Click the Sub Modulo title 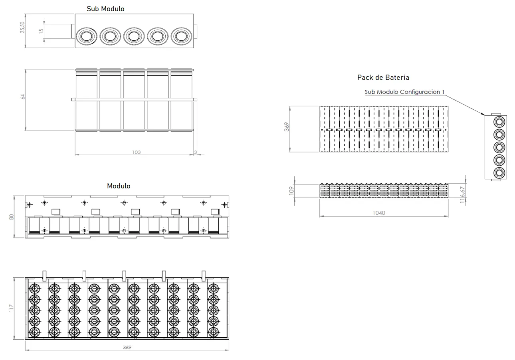click(105, 9)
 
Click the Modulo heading click(119, 186)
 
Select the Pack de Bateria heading click(383, 77)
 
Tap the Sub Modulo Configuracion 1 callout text click(404, 92)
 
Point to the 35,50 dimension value click(22, 28)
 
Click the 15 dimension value click(41, 31)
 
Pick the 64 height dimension click(22, 97)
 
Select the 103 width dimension click(137, 152)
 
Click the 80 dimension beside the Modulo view click(11, 217)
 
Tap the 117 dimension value click(11, 308)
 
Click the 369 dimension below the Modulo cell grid click(127, 347)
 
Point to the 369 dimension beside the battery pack click(287, 127)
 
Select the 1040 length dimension click(379, 213)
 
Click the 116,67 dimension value click(462, 195)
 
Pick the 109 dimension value click(291, 190)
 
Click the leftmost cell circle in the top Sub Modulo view click(87, 36)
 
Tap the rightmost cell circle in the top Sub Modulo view click(181, 36)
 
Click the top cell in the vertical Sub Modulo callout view click(499, 122)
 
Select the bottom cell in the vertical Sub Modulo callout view click(499, 173)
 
